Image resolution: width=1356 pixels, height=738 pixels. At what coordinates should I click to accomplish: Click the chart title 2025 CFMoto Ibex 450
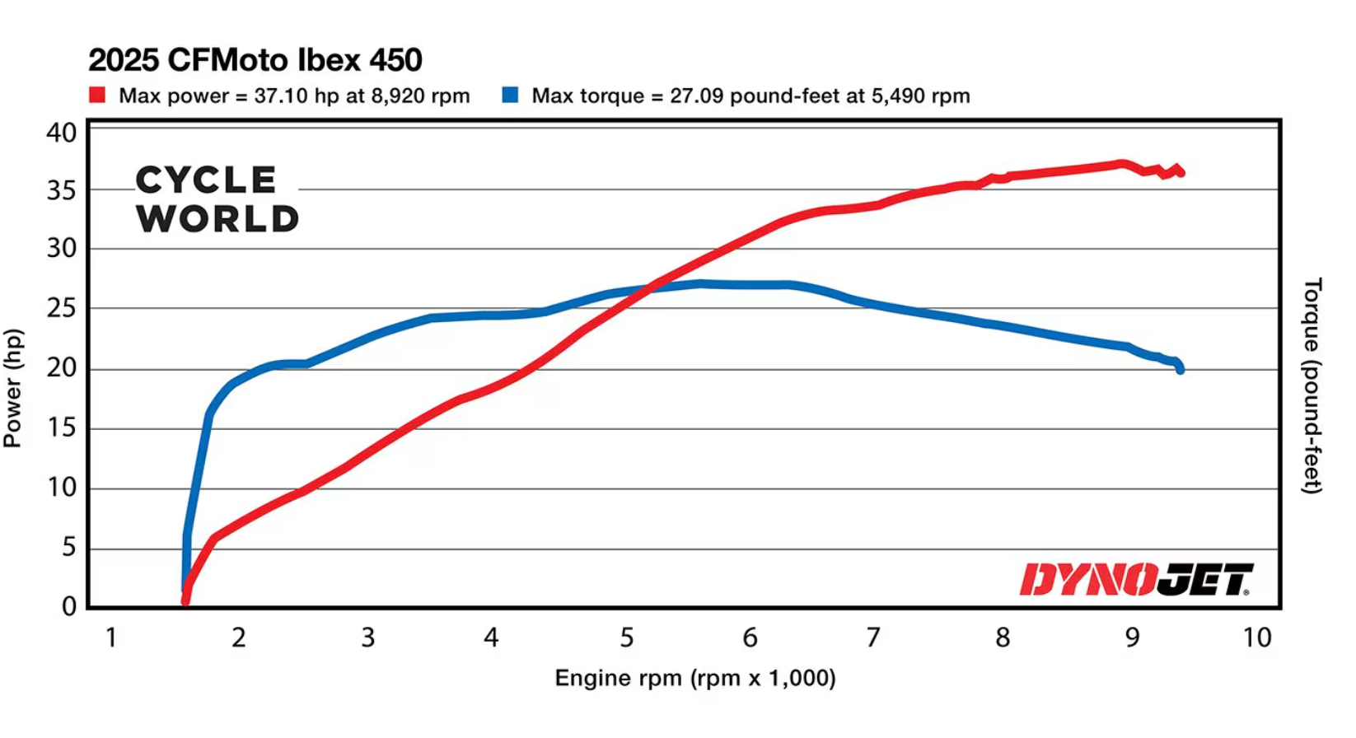(x=255, y=60)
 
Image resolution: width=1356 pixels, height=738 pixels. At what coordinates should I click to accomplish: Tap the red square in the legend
(x=97, y=95)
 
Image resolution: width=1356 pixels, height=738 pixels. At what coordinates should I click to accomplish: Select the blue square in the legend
(x=510, y=95)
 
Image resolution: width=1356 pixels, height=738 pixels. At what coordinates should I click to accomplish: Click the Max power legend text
(x=294, y=96)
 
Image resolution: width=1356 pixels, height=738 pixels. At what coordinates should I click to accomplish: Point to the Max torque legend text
(x=750, y=96)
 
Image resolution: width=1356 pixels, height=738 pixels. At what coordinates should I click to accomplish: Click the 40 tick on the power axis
(x=62, y=133)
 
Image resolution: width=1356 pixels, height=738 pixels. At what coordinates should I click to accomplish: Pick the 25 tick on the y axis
(x=62, y=309)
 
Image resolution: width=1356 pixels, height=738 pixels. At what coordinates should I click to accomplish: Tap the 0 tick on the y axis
(x=69, y=606)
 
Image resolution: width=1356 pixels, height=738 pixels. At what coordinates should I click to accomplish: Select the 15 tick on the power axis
(x=62, y=428)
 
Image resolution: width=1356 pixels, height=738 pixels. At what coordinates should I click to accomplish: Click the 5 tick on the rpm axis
(x=627, y=638)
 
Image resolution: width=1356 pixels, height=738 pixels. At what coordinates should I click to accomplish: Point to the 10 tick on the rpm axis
(x=1256, y=638)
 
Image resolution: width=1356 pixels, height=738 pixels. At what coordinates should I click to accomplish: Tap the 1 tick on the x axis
(x=111, y=638)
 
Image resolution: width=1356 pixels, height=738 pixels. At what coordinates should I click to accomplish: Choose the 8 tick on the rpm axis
(x=1003, y=638)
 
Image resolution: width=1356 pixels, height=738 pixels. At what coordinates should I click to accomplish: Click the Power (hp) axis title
(x=12, y=388)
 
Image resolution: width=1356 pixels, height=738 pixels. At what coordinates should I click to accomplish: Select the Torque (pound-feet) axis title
(x=1312, y=386)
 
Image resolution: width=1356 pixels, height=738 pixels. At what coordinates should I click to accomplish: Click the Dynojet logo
(x=1136, y=579)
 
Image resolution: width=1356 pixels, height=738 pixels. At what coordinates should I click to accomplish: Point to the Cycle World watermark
(x=217, y=199)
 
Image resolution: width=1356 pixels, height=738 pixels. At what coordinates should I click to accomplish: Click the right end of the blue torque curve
(x=1181, y=370)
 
